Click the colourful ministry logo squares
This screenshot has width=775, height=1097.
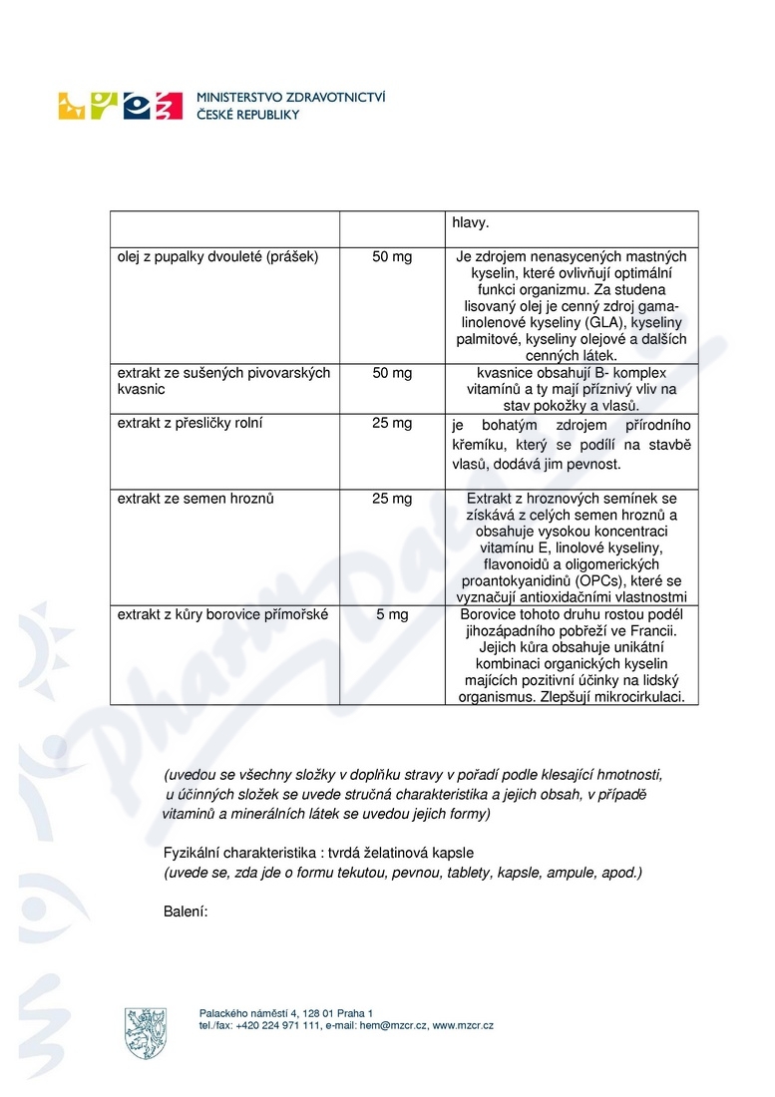click(121, 106)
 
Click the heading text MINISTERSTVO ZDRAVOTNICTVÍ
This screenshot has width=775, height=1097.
click(292, 98)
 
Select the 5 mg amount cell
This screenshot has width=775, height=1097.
click(392, 615)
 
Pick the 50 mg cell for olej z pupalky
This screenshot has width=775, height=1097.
click(392, 257)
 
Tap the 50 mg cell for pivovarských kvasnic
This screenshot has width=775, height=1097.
click(392, 373)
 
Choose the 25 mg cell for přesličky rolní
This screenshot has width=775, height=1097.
click(392, 424)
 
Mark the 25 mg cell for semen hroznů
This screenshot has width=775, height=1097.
click(392, 499)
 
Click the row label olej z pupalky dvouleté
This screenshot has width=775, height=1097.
click(217, 257)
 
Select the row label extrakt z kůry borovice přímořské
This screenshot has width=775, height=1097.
click(223, 615)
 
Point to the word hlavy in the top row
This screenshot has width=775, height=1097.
click(472, 224)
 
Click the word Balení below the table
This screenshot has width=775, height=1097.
click(185, 910)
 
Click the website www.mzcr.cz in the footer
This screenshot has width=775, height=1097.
click(463, 1025)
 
